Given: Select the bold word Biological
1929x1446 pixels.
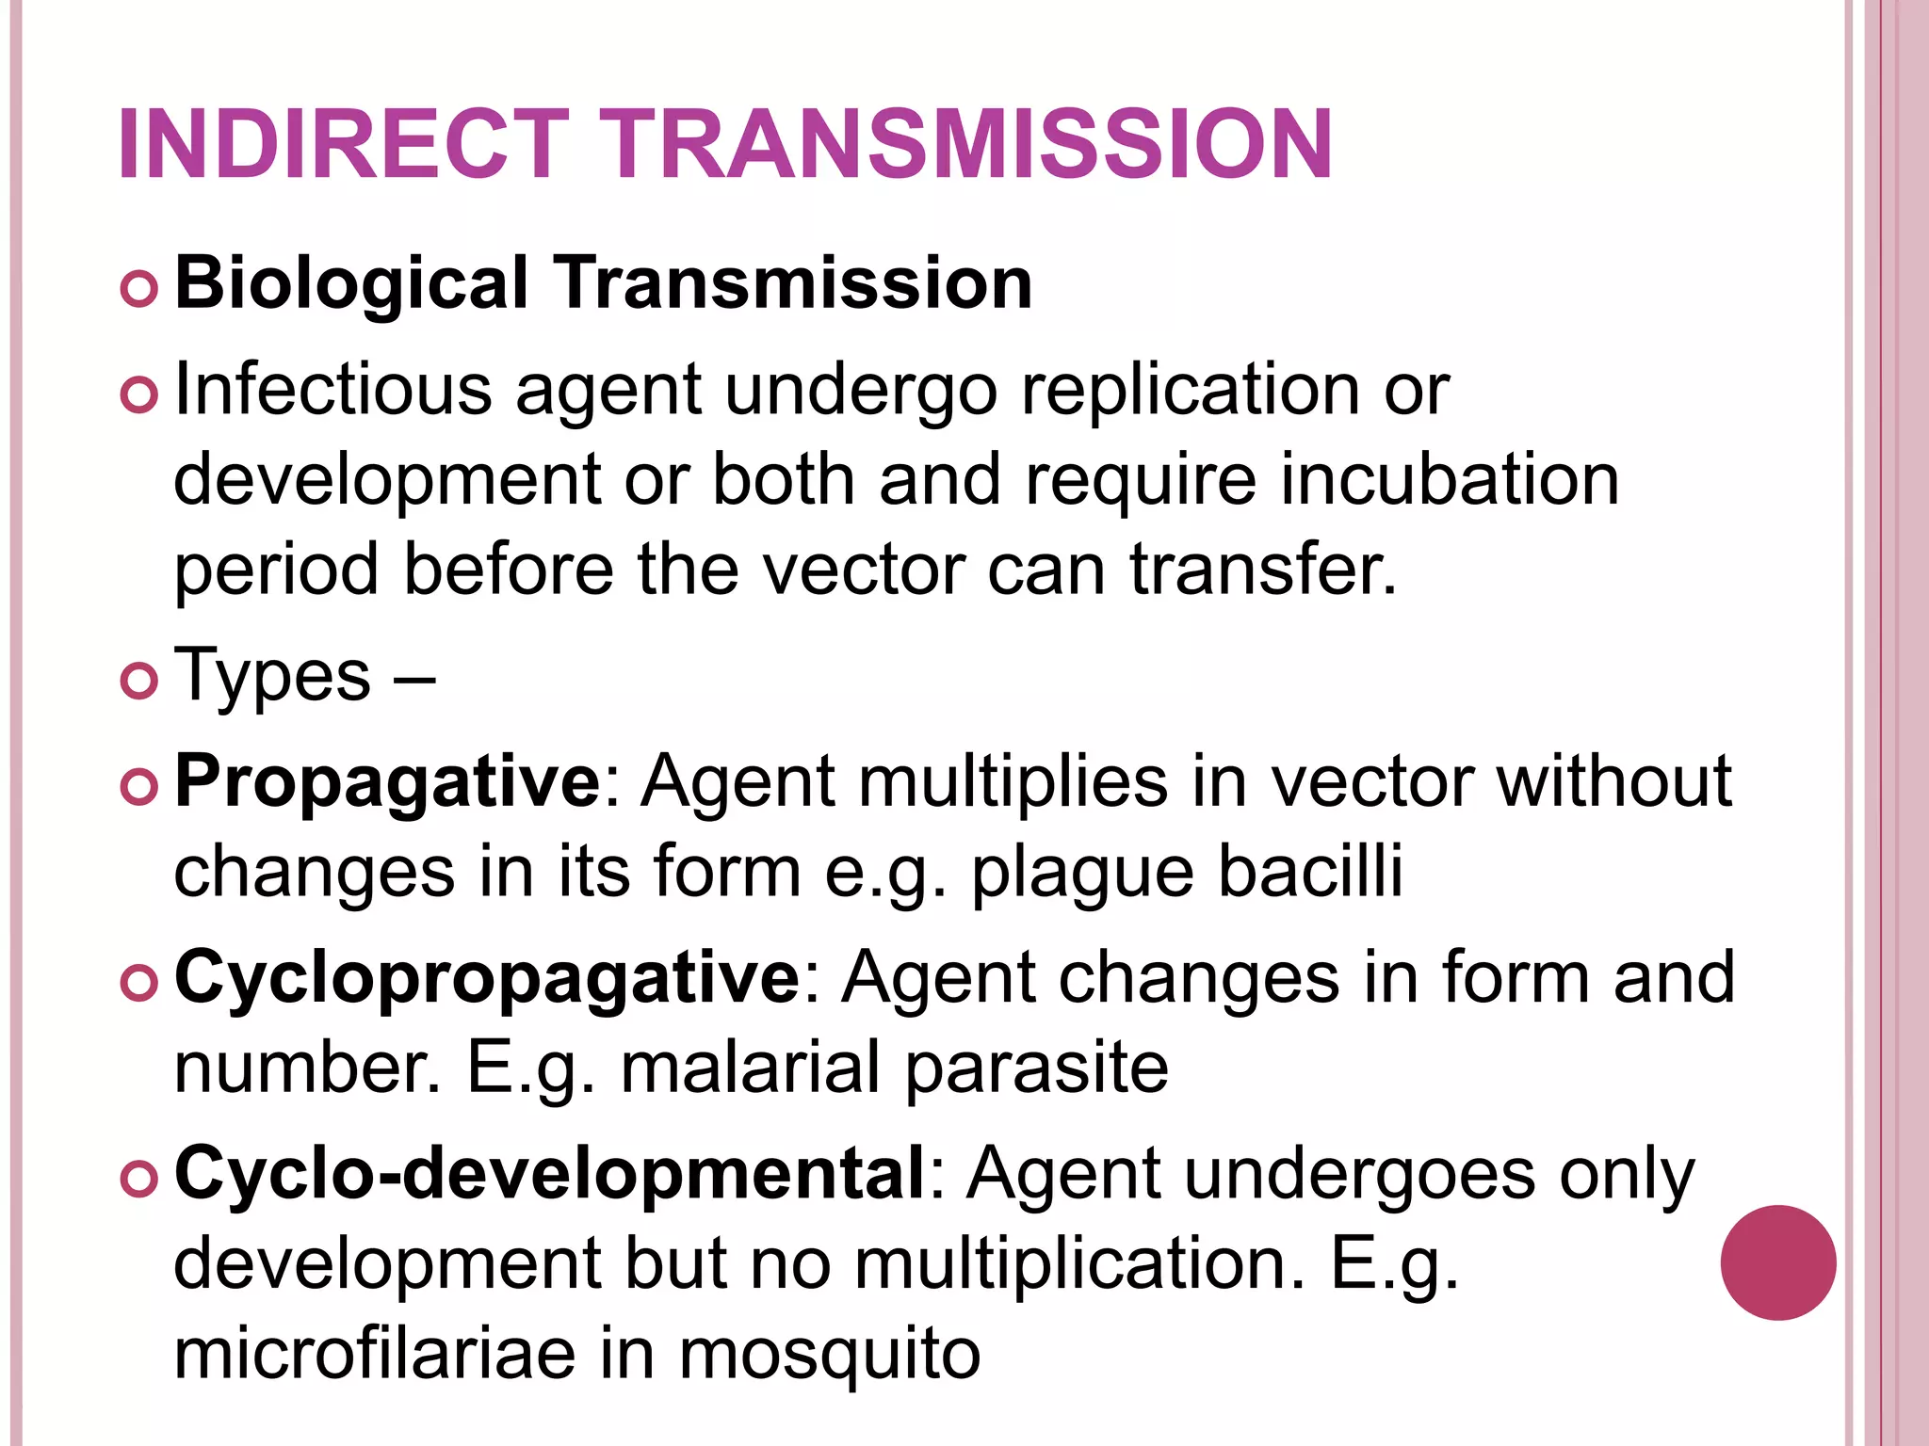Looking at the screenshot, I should click(x=351, y=283).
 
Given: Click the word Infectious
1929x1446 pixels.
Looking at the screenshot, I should click(x=332, y=389).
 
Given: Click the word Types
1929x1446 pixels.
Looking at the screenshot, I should click(x=273, y=675).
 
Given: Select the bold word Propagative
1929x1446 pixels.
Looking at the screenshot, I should click(x=387, y=781).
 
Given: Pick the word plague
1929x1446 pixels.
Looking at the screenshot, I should click(x=1081, y=872).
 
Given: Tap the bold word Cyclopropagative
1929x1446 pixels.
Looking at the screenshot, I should click(x=487, y=977).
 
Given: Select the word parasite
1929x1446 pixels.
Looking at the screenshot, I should click(x=1037, y=1068).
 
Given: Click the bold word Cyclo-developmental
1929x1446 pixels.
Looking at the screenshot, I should click(x=550, y=1173).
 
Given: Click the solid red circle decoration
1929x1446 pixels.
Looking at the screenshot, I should click(x=1777, y=1262).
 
